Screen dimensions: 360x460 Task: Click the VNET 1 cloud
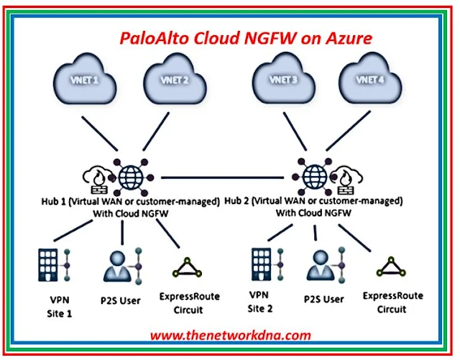(x=84, y=82)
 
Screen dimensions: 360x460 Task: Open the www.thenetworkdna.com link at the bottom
(x=230, y=335)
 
